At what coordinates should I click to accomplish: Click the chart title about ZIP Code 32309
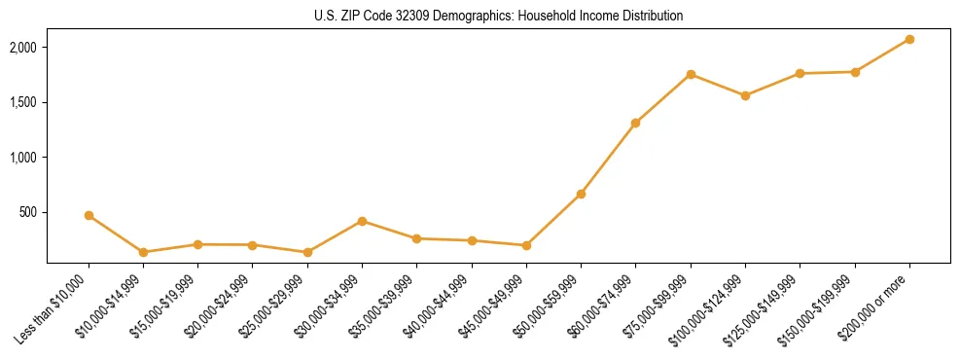[498, 16]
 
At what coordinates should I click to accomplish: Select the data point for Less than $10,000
[89, 215]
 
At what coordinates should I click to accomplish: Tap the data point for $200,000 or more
[909, 39]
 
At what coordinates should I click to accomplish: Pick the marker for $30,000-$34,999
[362, 221]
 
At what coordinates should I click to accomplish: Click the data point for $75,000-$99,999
[691, 74]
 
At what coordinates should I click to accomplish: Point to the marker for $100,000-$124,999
[745, 95]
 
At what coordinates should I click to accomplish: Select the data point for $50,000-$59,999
[581, 194]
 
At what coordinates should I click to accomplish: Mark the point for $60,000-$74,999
[635, 123]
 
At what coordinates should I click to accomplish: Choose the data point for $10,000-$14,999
[143, 252]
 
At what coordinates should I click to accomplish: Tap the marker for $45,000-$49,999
[526, 245]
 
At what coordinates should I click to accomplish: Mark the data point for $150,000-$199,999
[855, 72]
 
